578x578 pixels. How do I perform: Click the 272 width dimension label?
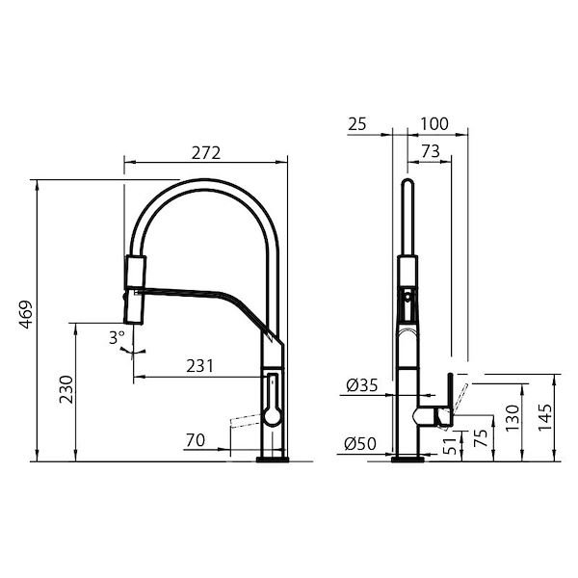(x=206, y=153)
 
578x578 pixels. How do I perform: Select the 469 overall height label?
(x=26, y=314)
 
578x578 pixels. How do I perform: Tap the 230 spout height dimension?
(x=66, y=389)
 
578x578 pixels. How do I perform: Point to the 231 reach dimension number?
(x=199, y=366)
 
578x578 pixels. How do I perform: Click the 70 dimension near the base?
(x=196, y=440)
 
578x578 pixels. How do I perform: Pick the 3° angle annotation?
(x=117, y=338)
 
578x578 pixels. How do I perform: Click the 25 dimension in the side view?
(x=357, y=124)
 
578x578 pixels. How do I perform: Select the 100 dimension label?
(x=434, y=124)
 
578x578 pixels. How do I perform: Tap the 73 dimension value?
(x=431, y=151)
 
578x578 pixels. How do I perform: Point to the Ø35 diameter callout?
(x=362, y=385)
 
